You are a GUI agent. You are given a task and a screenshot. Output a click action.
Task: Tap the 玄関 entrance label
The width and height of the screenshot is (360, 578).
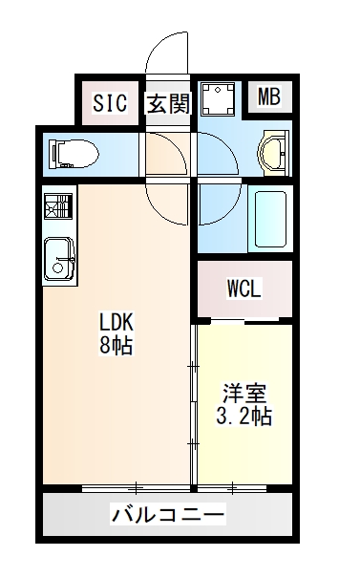tap(168, 103)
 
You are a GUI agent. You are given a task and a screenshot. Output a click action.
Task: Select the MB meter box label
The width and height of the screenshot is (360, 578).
tap(269, 96)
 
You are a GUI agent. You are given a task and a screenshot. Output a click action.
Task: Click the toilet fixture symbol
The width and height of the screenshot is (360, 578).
tap(74, 152)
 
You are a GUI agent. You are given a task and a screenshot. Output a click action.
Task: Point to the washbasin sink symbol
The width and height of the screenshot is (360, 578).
tap(273, 150)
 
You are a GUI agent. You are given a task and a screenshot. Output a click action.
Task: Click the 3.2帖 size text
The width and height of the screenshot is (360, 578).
tap(244, 417)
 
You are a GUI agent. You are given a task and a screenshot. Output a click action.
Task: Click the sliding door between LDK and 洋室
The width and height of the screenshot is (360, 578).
tap(194, 401)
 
